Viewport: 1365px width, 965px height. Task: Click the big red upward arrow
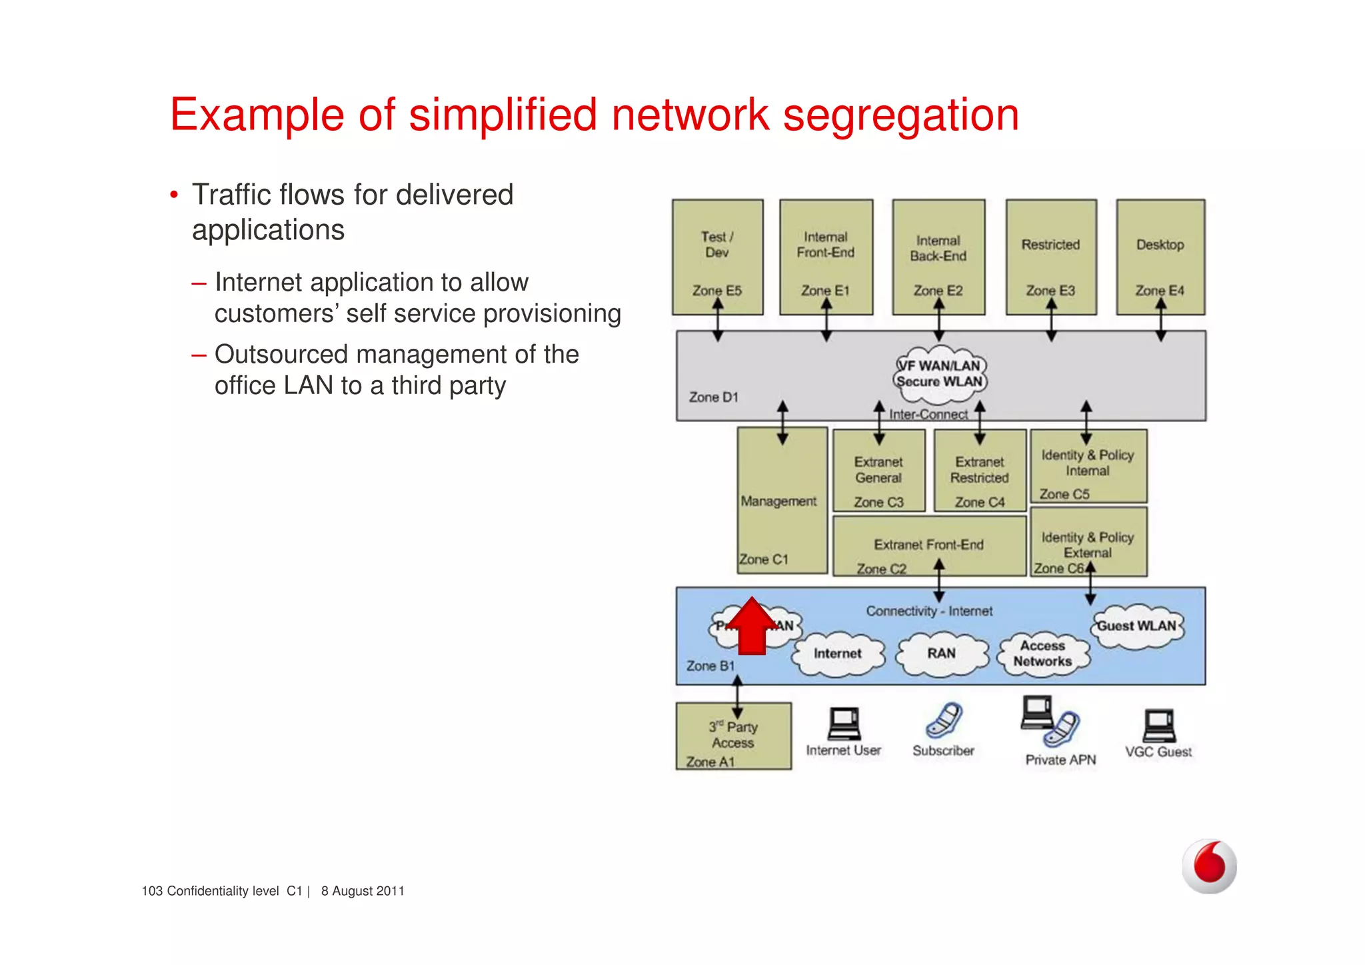[752, 626]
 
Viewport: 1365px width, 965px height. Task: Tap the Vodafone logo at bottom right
[1209, 866]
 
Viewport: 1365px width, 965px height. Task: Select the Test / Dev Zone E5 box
[717, 257]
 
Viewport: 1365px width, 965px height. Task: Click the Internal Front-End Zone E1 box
[826, 257]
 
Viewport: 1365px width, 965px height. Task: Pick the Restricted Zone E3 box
[1050, 257]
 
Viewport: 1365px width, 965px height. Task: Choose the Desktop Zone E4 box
[1160, 257]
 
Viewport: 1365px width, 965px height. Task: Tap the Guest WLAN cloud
[1137, 626]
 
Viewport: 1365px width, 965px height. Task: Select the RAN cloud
[941, 654]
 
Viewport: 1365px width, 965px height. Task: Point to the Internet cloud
[838, 654]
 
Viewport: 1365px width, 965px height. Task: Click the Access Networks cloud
[1042, 654]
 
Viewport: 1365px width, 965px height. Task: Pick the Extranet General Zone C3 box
[878, 471]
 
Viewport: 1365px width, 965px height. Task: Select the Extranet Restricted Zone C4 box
[979, 471]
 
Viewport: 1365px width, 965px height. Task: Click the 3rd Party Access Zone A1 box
[733, 736]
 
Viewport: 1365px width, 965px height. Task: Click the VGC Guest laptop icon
[1159, 726]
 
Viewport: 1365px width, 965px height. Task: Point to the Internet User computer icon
[843, 724]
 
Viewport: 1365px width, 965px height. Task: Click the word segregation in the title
[900, 115]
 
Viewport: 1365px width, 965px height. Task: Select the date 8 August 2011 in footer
[363, 891]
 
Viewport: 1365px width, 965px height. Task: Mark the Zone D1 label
[713, 397]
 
